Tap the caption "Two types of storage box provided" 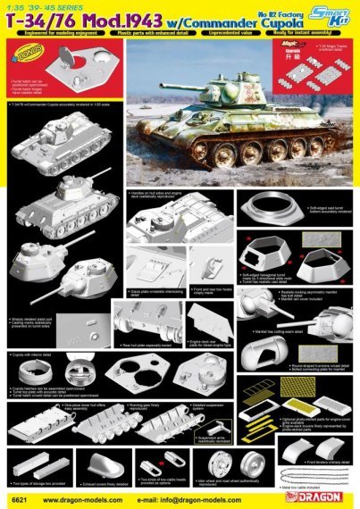40,482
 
